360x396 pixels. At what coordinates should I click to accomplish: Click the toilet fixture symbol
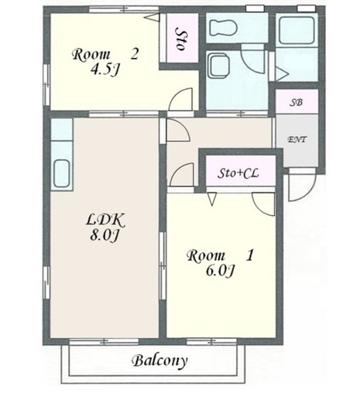click(224, 27)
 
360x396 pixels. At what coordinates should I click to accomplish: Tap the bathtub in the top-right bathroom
click(297, 30)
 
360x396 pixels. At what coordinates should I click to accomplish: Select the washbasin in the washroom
click(219, 66)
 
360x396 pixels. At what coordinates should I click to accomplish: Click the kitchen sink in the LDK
click(61, 173)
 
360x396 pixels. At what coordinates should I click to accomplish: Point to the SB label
click(296, 103)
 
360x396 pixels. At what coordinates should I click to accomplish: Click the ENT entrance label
click(297, 139)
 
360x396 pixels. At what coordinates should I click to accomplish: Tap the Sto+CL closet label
click(238, 173)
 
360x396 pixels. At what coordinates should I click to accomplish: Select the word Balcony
click(159, 360)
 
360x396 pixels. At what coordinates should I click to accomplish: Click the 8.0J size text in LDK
click(104, 235)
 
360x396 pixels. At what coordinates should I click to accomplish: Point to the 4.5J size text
click(105, 69)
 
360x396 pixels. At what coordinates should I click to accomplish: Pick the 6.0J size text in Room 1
click(220, 271)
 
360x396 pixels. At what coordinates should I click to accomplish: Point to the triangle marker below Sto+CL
click(212, 199)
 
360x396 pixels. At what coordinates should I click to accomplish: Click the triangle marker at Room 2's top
click(152, 18)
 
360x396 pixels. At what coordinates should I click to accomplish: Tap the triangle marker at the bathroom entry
click(282, 73)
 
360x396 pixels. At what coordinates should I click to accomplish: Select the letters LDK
click(105, 221)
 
